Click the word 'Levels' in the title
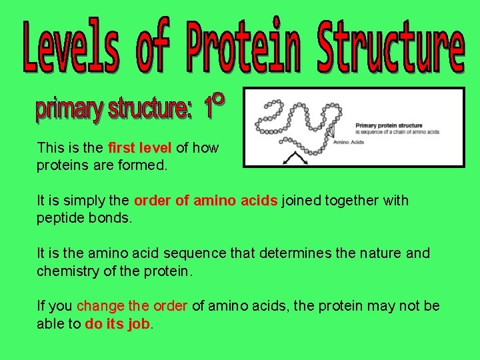tap(72, 47)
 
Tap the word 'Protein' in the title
tap(244, 47)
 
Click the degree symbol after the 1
tap(219, 100)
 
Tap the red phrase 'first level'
tap(139, 148)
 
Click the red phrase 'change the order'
tap(132, 306)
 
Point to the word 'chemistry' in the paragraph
tap(67, 271)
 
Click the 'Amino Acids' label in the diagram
tap(348, 142)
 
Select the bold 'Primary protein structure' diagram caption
tap(389, 125)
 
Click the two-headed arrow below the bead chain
tap(292, 158)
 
